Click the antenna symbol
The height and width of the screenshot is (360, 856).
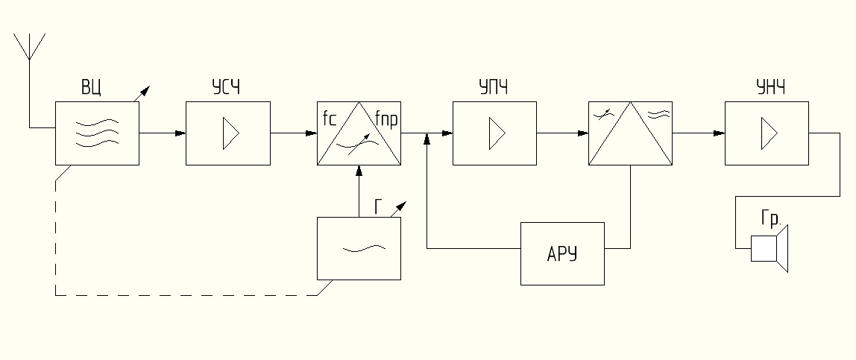click(29, 47)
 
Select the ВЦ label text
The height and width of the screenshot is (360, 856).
click(92, 90)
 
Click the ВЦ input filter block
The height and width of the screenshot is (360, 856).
click(97, 134)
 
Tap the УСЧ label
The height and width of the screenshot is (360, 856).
click(225, 90)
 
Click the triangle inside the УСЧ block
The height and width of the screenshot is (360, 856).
click(230, 134)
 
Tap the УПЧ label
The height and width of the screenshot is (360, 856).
click(493, 90)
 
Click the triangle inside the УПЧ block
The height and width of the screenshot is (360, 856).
click(497, 134)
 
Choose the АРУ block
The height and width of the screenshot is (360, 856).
click(562, 253)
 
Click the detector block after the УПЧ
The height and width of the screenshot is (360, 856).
click(630, 134)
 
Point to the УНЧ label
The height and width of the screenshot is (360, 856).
click(770, 90)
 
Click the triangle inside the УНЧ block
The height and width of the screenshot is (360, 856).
click(769, 134)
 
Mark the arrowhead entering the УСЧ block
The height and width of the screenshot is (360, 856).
click(180, 134)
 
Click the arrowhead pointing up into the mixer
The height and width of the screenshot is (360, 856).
click(359, 171)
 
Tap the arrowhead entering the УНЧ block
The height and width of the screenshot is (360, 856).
click(719, 134)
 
